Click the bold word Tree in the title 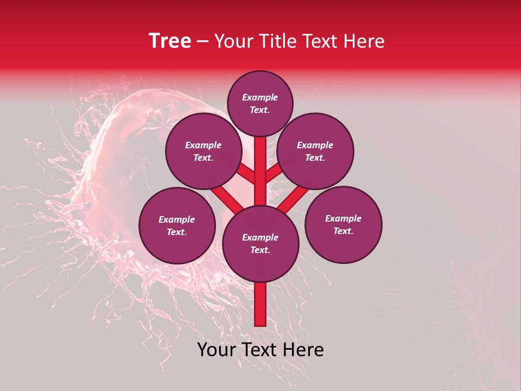170,41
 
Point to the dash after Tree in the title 202,42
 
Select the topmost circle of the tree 260,103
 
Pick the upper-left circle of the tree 204,152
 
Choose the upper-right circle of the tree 315,152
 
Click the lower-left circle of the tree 177,225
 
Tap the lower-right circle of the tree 343,224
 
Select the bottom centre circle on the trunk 260,243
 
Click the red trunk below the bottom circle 260,304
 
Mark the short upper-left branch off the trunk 246,173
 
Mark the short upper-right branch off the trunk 274,173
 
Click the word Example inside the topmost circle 260,97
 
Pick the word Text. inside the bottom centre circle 260,250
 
